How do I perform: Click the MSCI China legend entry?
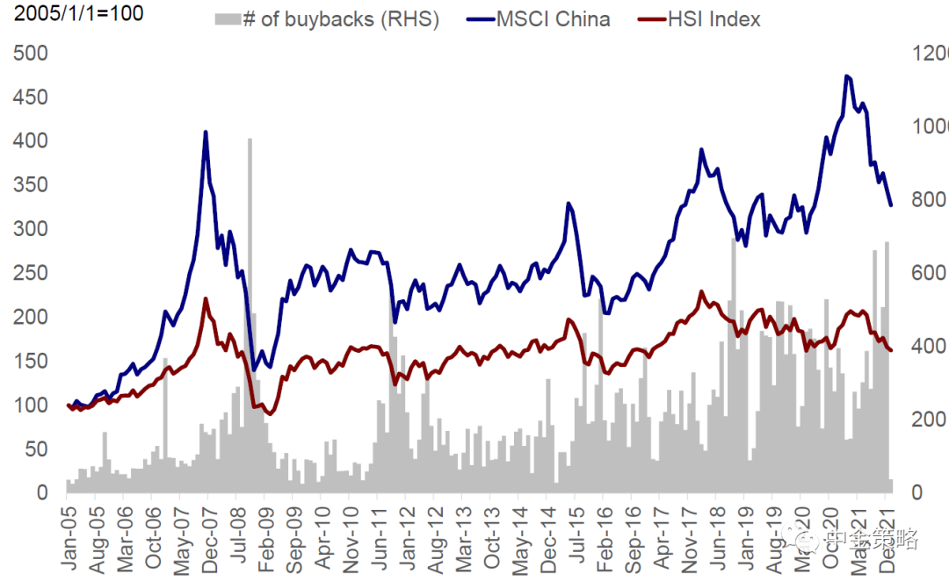click(x=553, y=18)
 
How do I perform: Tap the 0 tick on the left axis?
click(x=41, y=492)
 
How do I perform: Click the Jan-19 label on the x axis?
click(x=744, y=531)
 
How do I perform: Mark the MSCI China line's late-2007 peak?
click(x=206, y=133)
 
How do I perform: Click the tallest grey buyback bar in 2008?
click(x=250, y=139)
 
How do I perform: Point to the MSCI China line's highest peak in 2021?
click(x=846, y=76)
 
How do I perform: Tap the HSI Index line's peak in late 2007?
click(x=206, y=299)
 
